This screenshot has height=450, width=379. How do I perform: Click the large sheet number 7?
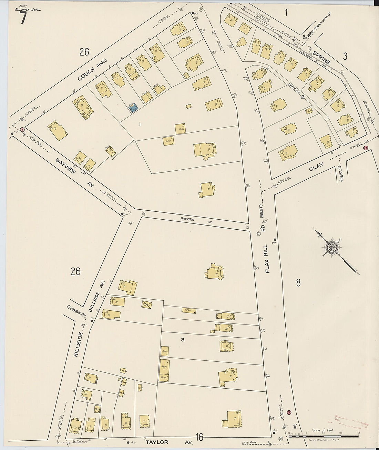pyautogui.click(x=23, y=18)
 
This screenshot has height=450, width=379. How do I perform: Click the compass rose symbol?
pyautogui.click(x=332, y=247)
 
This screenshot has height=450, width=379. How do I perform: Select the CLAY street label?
pyautogui.click(x=316, y=169)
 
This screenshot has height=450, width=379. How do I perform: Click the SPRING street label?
pyautogui.click(x=321, y=58)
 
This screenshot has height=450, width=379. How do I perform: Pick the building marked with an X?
pyautogui.click(x=147, y=304)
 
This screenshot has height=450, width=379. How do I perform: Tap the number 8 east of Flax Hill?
pyautogui.click(x=298, y=283)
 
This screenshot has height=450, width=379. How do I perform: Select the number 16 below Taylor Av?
pyautogui.click(x=199, y=438)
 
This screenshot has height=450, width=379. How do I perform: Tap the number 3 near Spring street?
pyautogui.click(x=345, y=56)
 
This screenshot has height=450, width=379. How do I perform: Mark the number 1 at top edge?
pyautogui.click(x=286, y=12)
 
